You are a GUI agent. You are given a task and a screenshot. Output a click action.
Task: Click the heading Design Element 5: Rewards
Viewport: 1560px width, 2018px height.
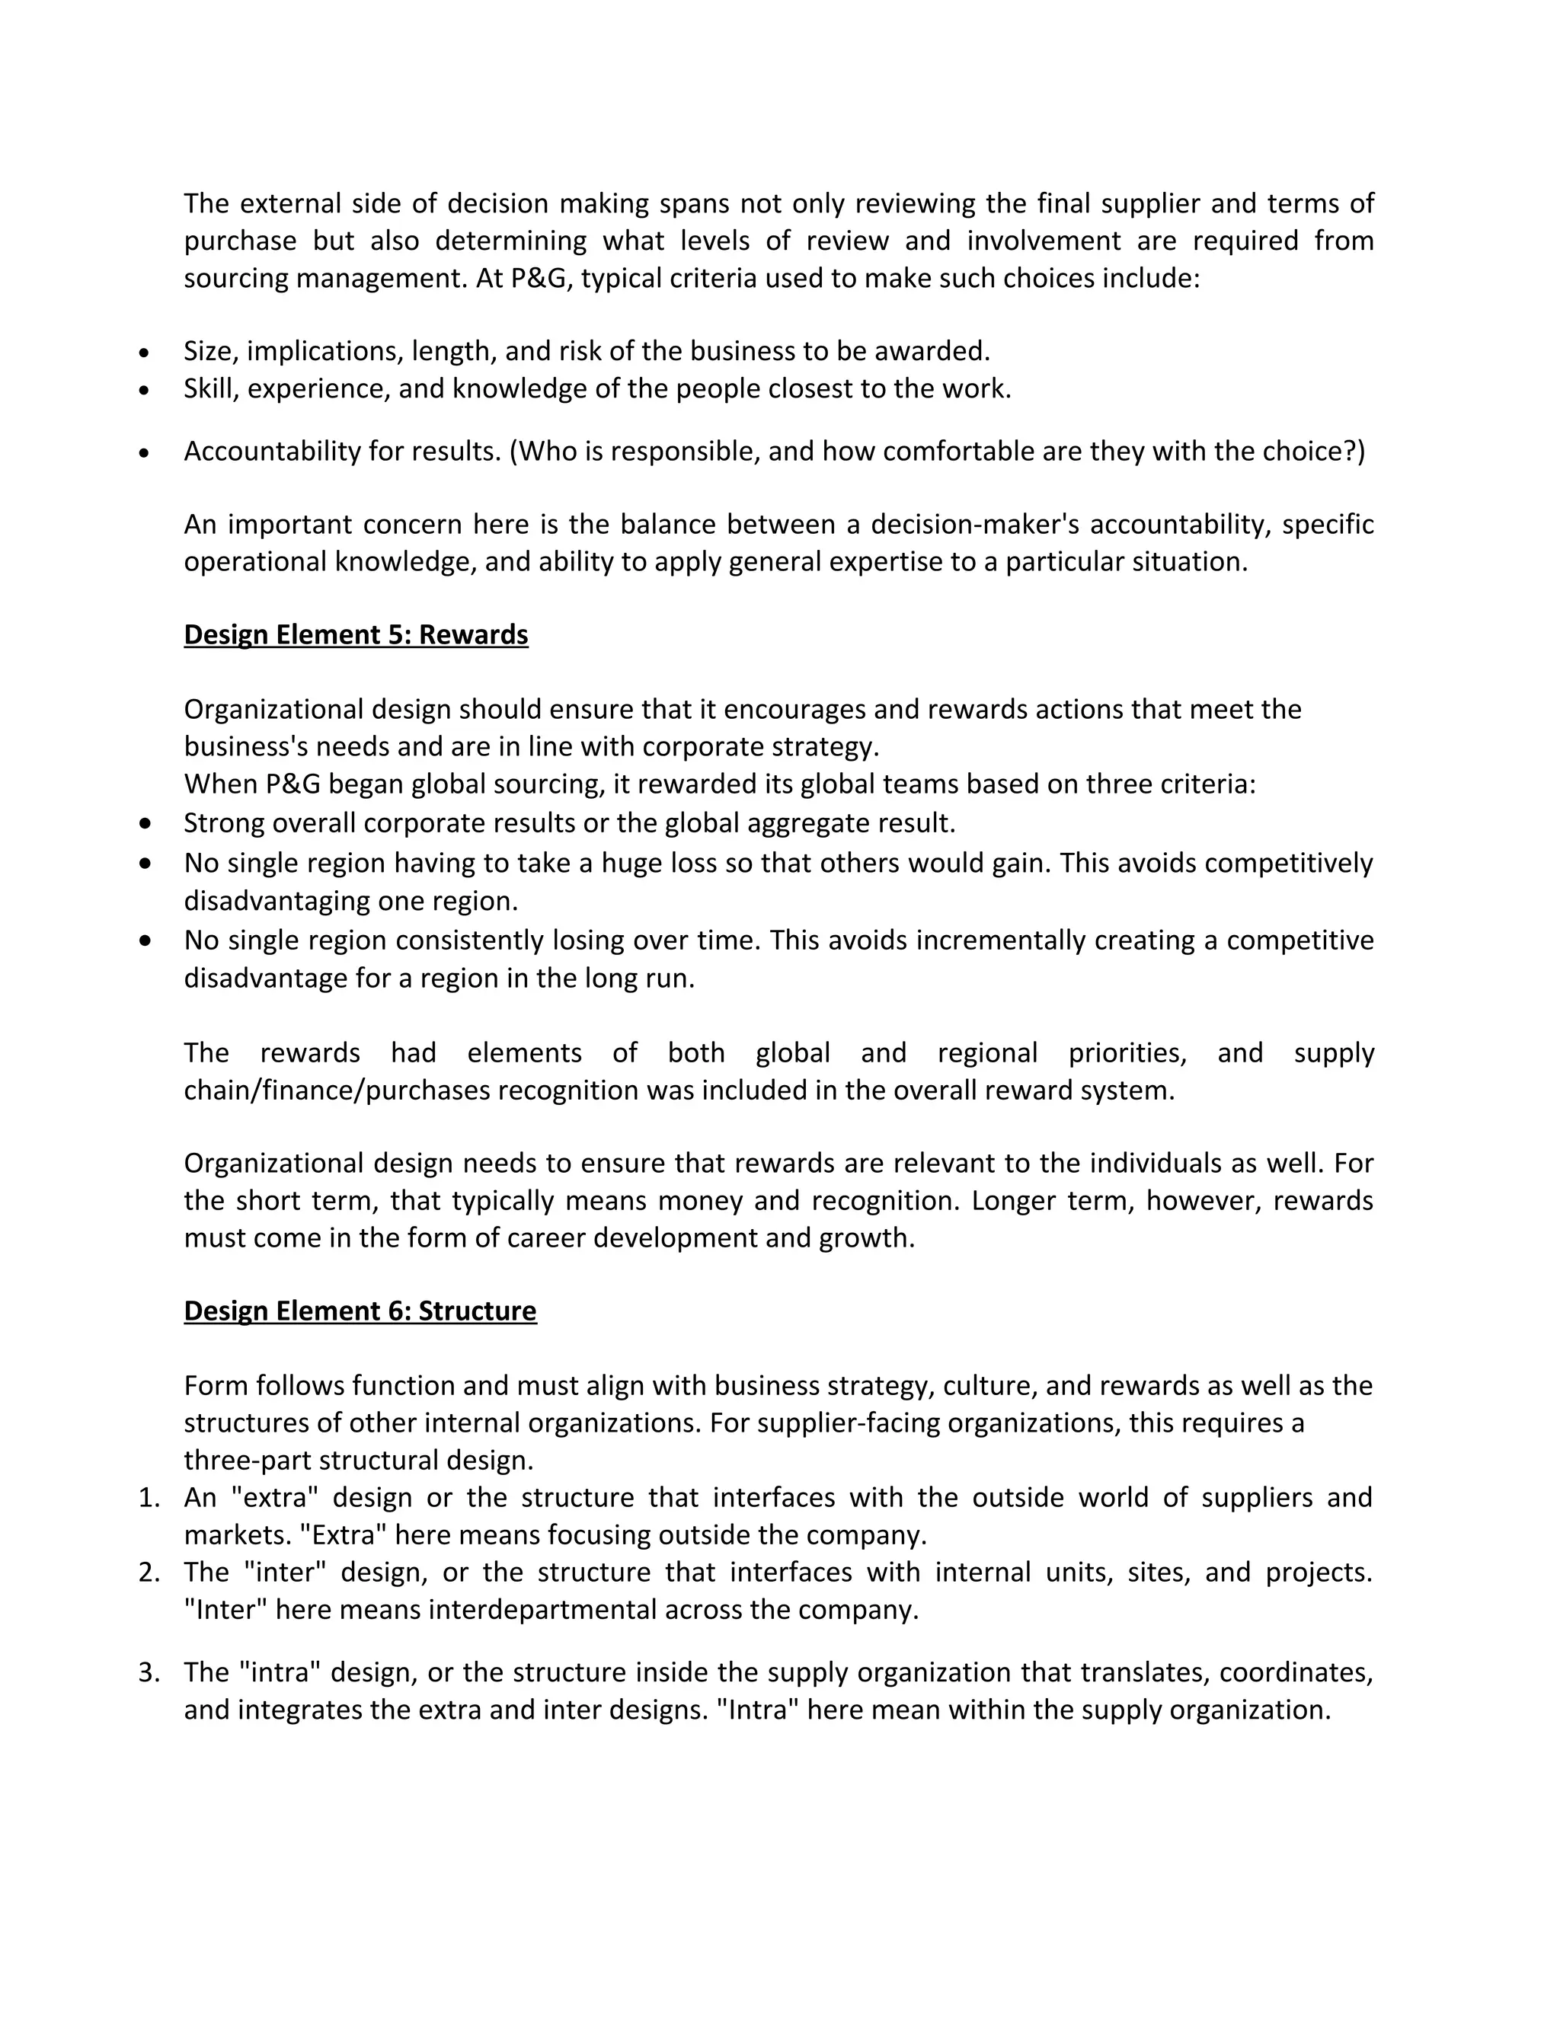pyautogui.click(x=356, y=635)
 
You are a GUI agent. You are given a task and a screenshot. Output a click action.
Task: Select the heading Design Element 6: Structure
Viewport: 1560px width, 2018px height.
pyautogui.click(x=360, y=1311)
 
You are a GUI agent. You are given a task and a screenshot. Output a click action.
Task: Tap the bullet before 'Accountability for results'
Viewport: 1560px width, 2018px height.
pyautogui.click(x=143, y=453)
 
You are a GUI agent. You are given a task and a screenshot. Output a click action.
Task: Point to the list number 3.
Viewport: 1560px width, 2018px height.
pyautogui.click(x=149, y=1672)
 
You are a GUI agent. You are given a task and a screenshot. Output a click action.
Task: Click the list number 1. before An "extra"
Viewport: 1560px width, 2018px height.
pyautogui.click(x=149, y=1498)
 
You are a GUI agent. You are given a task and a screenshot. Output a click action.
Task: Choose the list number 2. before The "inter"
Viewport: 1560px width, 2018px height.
pyautogui.click(x=149, y=1573)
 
